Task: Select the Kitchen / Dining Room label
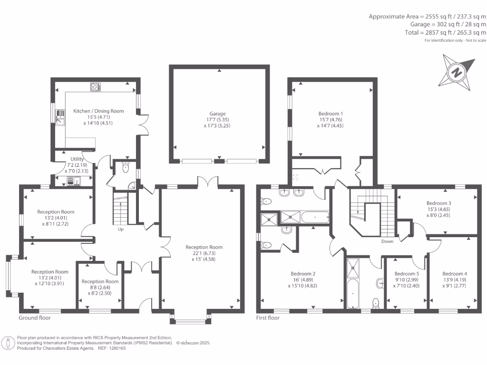point(98,111)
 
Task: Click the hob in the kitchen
point(96,86)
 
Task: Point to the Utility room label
point(77,159)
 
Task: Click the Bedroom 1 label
point(331,114)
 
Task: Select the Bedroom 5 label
point(407,274)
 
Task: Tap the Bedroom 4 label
point(454,274)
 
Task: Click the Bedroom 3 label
point(438,203)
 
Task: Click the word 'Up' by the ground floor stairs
point(121,229)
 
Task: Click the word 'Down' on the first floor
point(388,241)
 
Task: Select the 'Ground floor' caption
point(34,318)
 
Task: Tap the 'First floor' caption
point(268,318)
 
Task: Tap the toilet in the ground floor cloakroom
point(126,167)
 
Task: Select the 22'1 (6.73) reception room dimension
point(204,253)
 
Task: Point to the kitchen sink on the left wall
point(60,117)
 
